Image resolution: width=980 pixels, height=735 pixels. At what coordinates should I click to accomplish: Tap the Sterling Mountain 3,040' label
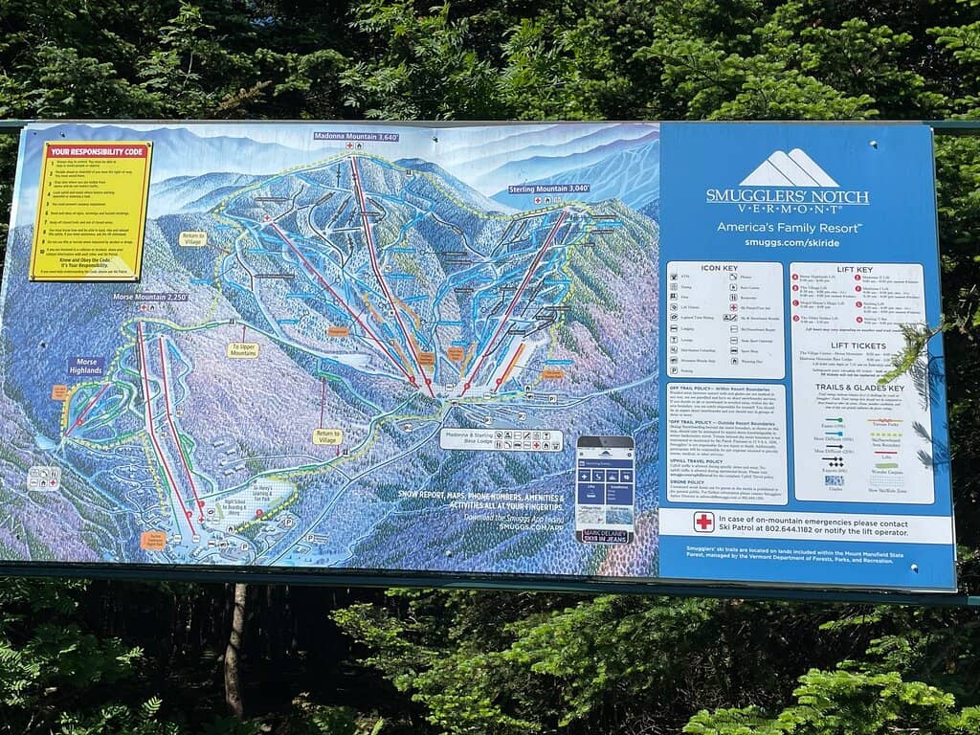coord(548,189)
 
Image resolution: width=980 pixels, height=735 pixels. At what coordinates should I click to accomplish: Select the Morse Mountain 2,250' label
coord(150,298)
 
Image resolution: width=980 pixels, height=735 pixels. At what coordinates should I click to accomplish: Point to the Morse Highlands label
coord(85,367)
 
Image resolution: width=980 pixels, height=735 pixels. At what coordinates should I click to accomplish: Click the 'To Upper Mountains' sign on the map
coord(242,350)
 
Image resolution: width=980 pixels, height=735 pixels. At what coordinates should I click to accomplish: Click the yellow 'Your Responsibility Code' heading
coord(97,151)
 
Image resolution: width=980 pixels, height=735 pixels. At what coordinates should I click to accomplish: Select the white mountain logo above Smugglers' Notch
coord(788,169)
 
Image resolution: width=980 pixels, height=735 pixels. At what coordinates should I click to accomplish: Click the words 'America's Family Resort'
coord(789,227)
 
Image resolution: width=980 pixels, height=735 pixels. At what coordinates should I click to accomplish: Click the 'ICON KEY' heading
coord(724,269)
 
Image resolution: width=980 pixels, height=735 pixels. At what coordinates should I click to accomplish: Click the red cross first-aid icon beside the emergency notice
coord(704,522)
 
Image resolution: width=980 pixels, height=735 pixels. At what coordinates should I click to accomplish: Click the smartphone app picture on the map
coord(605,489)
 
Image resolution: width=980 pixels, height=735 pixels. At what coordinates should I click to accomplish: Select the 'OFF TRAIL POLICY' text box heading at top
coord(724,390)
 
